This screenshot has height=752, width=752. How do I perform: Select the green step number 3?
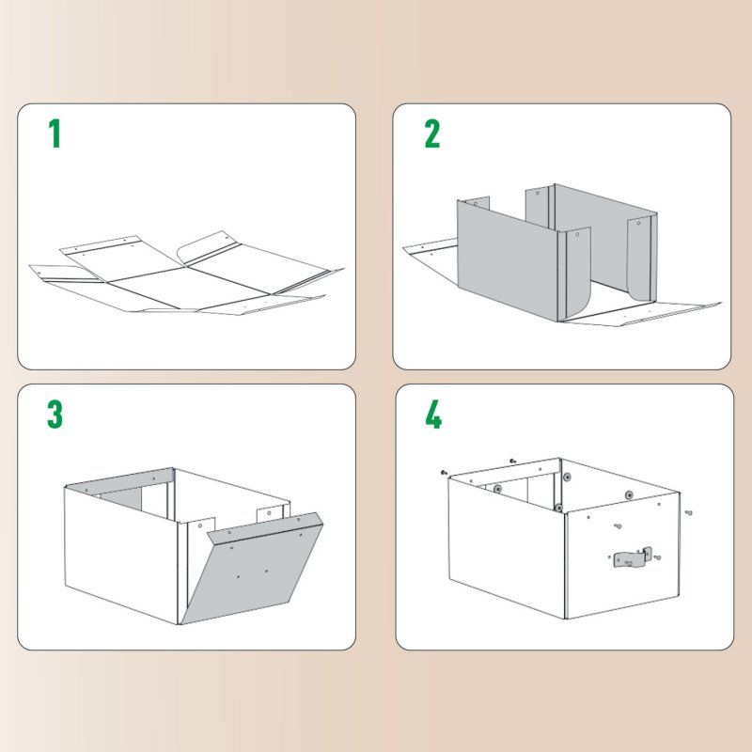(55, 414)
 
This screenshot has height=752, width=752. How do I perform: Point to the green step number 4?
(432, 414)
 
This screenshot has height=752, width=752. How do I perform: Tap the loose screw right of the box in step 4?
(688, 513)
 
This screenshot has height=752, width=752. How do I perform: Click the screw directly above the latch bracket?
(618, 527)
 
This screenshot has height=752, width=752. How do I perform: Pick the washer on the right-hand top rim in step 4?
(628, 493)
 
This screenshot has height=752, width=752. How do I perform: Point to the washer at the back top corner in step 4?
(567, 478)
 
